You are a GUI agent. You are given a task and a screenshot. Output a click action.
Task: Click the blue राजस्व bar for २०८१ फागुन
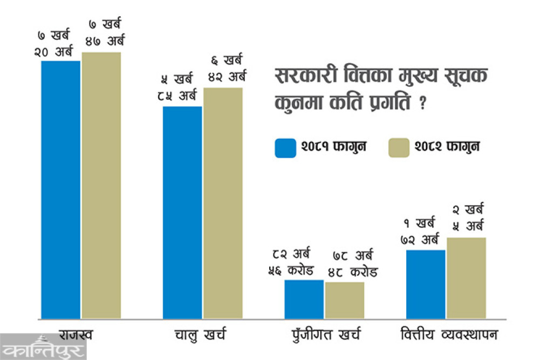point(60,189)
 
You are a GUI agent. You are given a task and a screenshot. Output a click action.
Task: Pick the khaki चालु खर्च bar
point(223,202)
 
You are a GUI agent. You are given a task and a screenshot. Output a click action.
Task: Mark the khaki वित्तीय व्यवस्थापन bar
point(466,277)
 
